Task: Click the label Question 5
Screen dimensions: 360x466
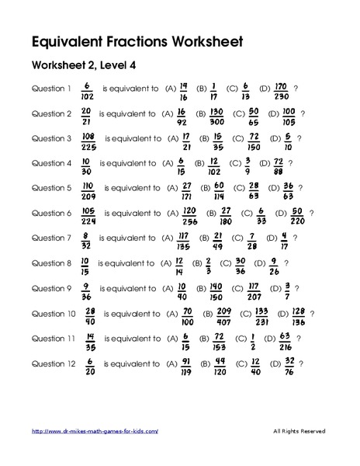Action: point(51,188)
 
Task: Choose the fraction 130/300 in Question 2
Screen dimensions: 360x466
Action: point(216,115)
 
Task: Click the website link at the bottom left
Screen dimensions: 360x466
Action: point(94,431)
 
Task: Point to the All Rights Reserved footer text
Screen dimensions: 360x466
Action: point(299,431)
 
